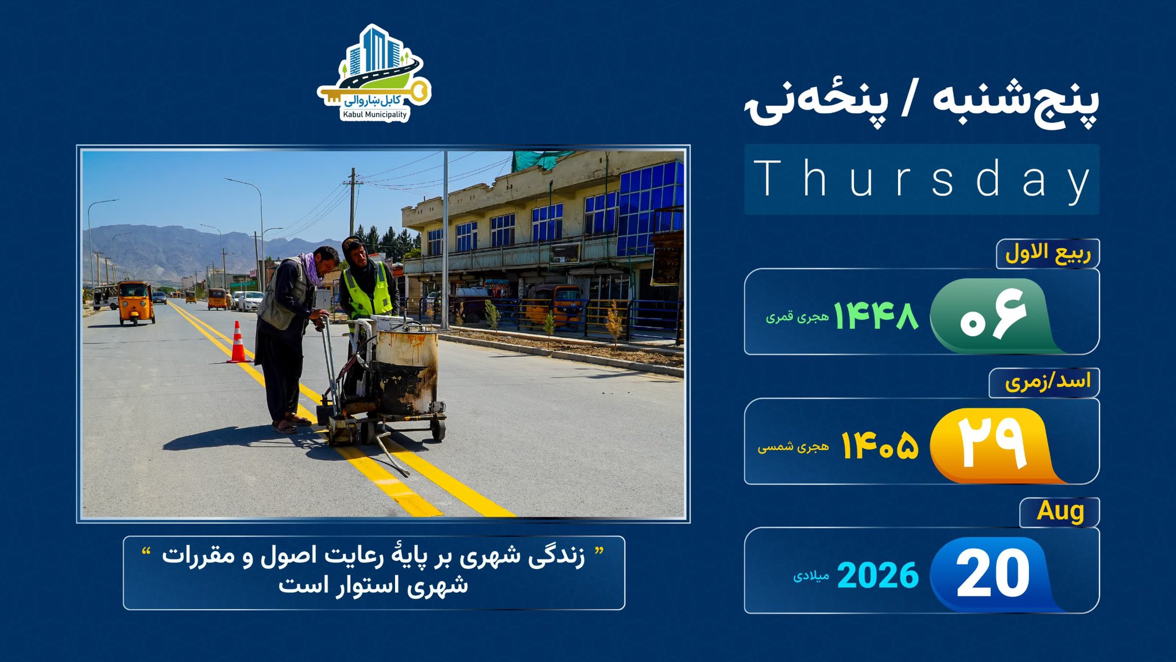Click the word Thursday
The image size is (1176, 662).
point(922,179)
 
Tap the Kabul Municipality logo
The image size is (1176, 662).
point(374,73)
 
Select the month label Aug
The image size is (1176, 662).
point(1060,511)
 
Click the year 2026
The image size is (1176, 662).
point(877,575)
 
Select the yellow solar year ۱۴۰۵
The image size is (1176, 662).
point(880,445)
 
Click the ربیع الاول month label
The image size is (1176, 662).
point(1048,253)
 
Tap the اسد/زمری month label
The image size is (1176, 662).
point(1047,382)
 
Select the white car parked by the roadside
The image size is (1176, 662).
point(250,301)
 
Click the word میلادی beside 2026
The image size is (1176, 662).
point(811,576)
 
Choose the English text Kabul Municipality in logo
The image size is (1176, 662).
point(374,114)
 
